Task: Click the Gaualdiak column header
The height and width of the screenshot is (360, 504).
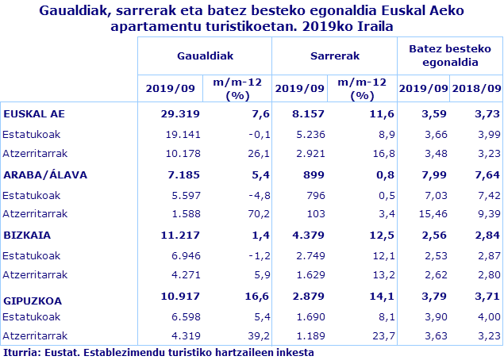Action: [205, 56]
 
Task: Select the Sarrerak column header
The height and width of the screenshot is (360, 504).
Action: [334, 56]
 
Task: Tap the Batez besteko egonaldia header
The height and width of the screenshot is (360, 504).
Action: [449, 56]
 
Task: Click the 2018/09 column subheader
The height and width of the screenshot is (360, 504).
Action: [475, 87]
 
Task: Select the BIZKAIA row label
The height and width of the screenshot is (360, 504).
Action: [27, 236]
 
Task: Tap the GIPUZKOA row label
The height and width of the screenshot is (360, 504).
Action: [33, 301]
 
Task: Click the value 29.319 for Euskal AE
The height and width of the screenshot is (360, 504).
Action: [179, 113]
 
